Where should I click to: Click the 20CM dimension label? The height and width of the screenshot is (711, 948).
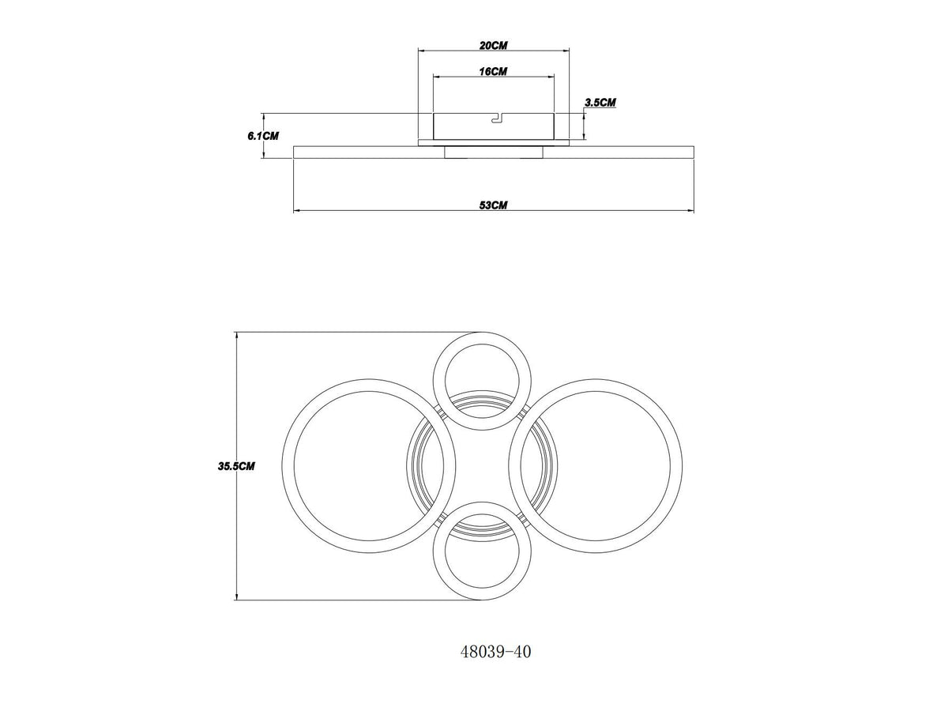pyautogui.click(x=493, y=45)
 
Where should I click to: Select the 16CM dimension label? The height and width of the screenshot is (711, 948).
pyautogui.click(x=493, y=71)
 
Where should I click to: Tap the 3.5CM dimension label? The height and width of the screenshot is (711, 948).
pyautogui.click(x=600, y=103)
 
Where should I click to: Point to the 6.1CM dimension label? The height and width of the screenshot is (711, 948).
pyautogui.click(x=263, y=136)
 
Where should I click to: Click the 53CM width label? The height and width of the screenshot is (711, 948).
pyautogui.click(x=493, y=205)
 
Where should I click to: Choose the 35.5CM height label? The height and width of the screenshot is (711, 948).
pyautogui.click(x=236, y=466)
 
